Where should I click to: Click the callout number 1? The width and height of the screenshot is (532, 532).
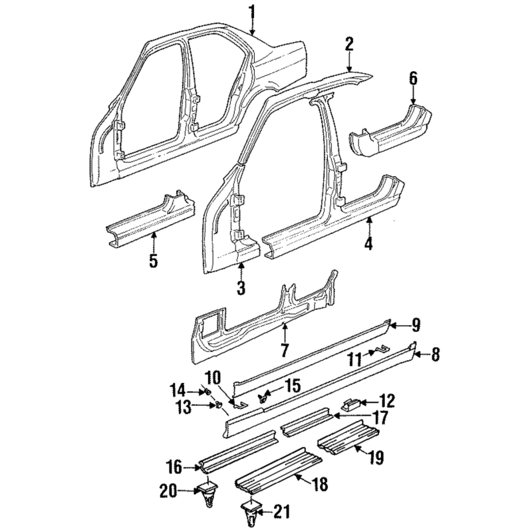coord(251,11)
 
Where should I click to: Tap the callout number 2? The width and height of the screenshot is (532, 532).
coord(348,45)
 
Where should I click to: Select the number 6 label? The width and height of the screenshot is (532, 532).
coord(413,78)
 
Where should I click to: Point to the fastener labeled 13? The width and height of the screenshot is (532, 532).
coord(217,405)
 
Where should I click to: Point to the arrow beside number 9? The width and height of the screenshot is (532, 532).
coord(393,325)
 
